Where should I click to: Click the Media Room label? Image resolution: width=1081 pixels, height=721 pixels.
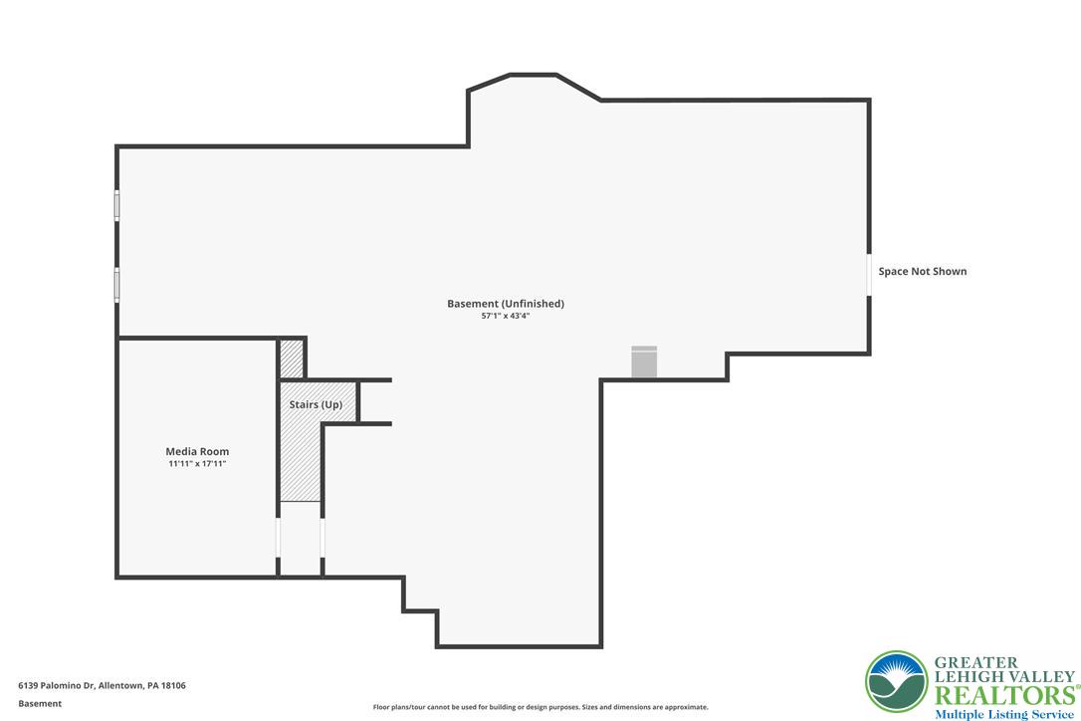pyautogui.click(x=197, y=451)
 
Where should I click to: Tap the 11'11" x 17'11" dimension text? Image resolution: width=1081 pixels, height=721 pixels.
pyautogui.click(x=197, y=464)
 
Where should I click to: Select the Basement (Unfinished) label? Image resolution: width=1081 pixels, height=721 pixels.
pyautogui.click(x=506, y=304)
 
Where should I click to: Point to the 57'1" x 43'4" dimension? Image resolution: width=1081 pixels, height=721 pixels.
pyautogui.click(x=506, y=316)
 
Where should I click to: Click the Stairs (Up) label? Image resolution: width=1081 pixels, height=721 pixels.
pyautogui.click(x=316, y=404)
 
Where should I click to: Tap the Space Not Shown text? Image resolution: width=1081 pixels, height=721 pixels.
pyautogui.click(x=923, y=271)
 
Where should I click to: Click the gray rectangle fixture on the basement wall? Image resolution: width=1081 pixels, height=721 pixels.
pyautogui.click(x=645, y=361)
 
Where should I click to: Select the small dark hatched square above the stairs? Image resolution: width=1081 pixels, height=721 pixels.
pyautogui.click(x=292, y=359)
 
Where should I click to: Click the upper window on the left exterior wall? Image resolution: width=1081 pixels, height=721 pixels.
pyautogui.click(x=117, y=205)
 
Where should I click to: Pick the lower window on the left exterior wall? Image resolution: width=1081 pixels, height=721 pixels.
pyautogui.click(x=117, y=284)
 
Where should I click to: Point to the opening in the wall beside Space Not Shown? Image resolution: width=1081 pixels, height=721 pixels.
pyautogui.click(x=869, y=275)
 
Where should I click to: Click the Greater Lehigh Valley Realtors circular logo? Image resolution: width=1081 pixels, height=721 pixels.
pyautogui.click(x=897, y=682)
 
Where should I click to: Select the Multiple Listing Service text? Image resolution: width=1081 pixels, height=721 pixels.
pyautogui.click(x=1004, y=714)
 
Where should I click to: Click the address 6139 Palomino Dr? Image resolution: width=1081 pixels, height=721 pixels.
pyautogui.click(x=56, y=685)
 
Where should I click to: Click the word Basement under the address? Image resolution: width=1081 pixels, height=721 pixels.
pyautogui.click(x=40, y=704)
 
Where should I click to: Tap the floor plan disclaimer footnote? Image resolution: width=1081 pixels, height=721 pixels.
pyautogui.click(x=540, y=707)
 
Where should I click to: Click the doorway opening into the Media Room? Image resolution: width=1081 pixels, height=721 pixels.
pyautogui.click(x=278, y=538)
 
